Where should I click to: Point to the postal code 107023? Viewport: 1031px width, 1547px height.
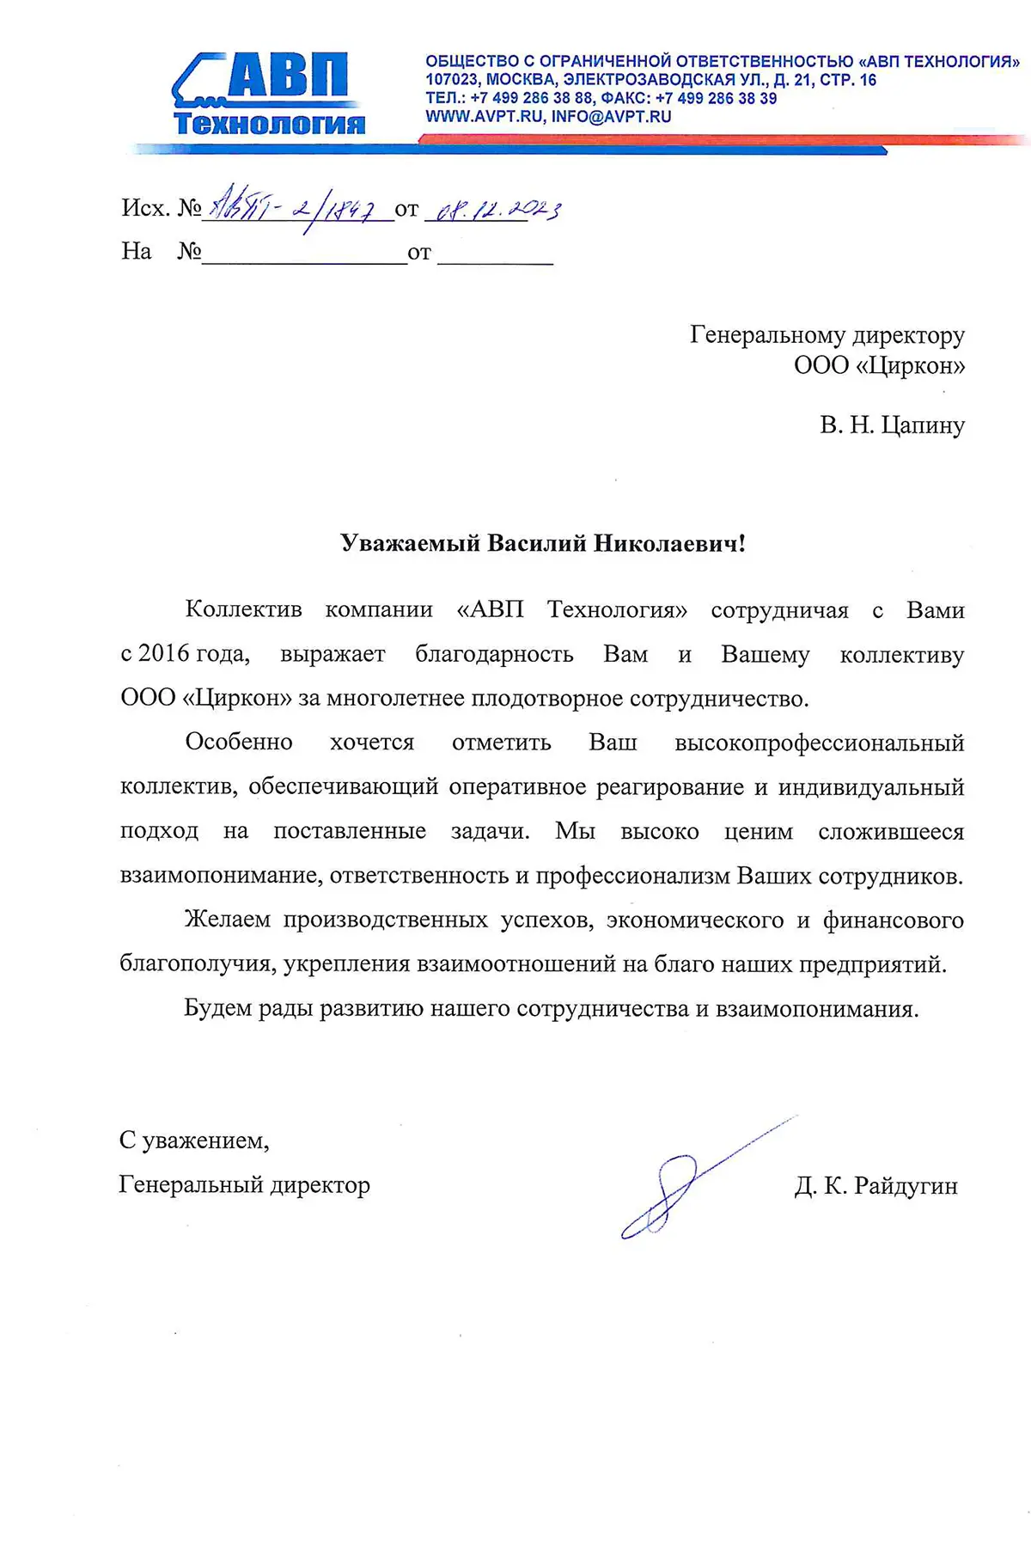[x=451, y=80]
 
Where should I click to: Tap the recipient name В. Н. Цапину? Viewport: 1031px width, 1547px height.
[x=892, y=425]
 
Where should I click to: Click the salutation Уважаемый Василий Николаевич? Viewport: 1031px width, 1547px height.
[x=543, y=543]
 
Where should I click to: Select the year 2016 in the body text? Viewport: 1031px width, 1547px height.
[x=163, y=654]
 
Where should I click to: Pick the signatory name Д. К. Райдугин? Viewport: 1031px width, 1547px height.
[x=875, y=1186]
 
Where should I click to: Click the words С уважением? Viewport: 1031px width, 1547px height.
[x=194, y=1140]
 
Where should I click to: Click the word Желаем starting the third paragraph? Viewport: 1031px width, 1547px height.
[x=228, y=920]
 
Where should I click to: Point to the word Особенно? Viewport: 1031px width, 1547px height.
[x=239, y=743]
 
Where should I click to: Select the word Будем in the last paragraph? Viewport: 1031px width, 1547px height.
[x=217, y=1008]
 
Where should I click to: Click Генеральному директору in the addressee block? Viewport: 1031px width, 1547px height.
[x=827, y=335]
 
